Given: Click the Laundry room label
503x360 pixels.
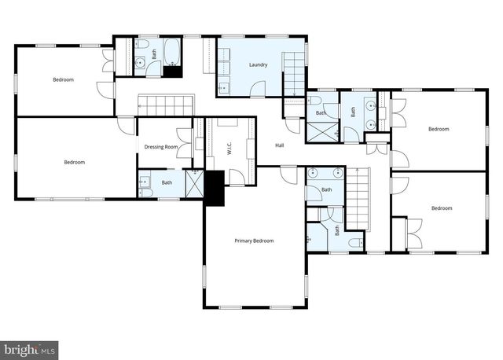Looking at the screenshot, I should pyautogui.click(x=258, y=64).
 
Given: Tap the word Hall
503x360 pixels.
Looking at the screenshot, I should pyautogui.click(x=279, y=145).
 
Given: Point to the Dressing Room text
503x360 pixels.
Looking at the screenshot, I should pyautogui.click(x=162, y=147).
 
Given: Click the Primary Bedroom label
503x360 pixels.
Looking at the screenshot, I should pyautogui.click(x=254, y=241).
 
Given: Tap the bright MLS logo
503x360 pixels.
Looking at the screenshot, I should pyautogui.click(x=31, y=347).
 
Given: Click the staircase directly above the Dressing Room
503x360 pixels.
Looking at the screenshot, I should pyautogui.click(x=166, y=105).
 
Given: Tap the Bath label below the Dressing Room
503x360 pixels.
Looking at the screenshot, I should pyautogui.click(x=167, y=183).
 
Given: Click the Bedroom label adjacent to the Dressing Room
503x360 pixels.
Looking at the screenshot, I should pyautogui.click(x=74, y=162).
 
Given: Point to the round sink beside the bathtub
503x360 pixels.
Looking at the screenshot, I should pyautogui.click(x=139, y=63).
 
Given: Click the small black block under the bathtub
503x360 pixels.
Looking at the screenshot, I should pyautogui.click(x=172, y=71).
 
